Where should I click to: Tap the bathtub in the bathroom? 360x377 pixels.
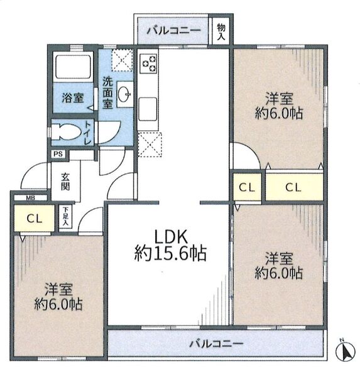pos(73,67)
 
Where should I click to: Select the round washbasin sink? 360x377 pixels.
pos(124,93)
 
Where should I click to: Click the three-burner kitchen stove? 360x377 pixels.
pos(149,63)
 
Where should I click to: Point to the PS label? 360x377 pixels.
pos(58,154)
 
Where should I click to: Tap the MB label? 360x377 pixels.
pos(31,198)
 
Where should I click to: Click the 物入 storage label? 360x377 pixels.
pos(221,32)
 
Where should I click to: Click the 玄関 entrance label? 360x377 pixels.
pos(65,182)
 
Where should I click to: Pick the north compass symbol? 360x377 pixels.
pos(346,351)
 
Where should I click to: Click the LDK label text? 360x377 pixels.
pos(170,237)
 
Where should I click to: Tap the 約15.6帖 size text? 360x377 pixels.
pos(170,253)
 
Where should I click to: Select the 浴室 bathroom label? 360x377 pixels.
pos(73,98)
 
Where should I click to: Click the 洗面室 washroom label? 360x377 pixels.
pos(107,92)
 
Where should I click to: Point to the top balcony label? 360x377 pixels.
pos(173,31)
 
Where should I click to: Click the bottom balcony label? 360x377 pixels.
pos(216,344)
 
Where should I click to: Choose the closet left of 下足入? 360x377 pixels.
pos(34,218)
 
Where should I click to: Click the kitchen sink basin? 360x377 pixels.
pos(148,109)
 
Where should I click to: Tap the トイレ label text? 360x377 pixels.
pos(88,133)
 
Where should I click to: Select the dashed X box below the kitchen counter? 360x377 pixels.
pos(150,145)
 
